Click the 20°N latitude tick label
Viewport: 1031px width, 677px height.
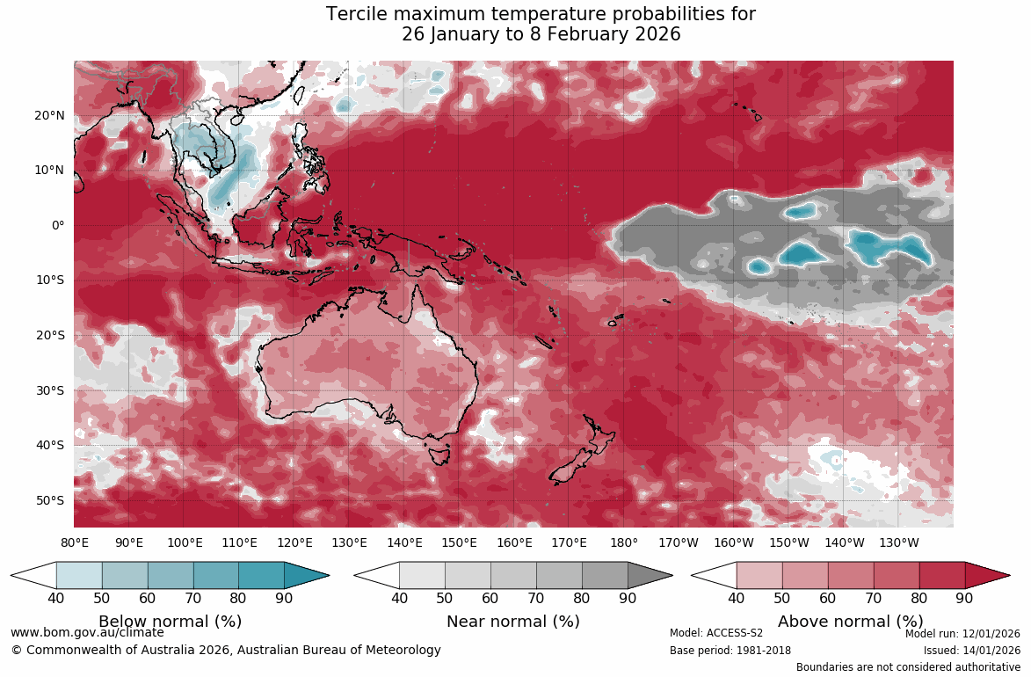(x=50, y=115)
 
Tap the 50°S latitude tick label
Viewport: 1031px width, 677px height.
(x=50, y=500)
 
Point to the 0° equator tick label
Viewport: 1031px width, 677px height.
(x=57, y=225)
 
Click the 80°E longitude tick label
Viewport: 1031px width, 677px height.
(x=75, y=542)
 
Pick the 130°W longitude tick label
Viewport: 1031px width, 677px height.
(x=898, y=542)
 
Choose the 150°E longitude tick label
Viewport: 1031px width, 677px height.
(x=459, y=542)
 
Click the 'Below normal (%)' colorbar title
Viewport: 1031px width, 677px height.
(x=170, y=622)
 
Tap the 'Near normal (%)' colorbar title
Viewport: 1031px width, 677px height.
(x=513, y=622)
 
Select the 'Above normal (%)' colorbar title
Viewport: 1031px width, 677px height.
(x=850, y=622)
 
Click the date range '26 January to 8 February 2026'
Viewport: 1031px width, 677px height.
(x=541, y=35)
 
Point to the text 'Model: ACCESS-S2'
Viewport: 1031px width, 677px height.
(x=716, y=633)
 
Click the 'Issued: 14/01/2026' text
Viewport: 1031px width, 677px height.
(x=971, y=651)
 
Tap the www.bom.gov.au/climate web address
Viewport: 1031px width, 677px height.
(x=87, y=632)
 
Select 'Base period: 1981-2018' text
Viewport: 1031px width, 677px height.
(x=730, y=651)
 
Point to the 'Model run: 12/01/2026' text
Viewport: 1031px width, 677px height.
(x=962, y=633)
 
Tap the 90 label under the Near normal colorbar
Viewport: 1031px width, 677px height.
(x=627, y=599)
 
